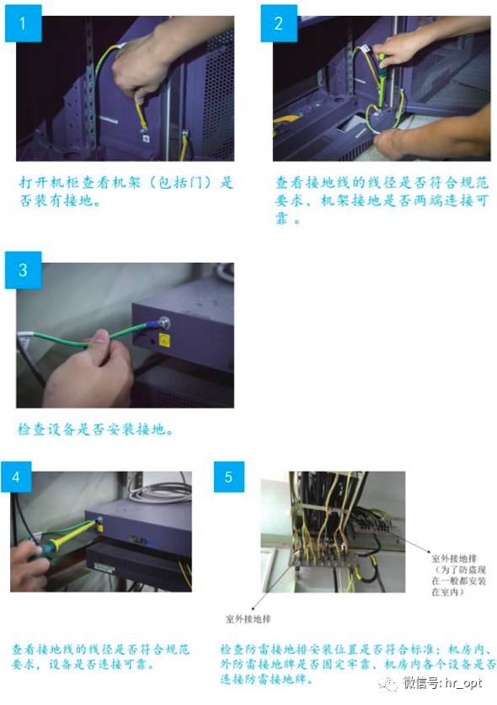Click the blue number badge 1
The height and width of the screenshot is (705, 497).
point(23,24)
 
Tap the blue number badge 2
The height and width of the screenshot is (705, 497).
point(279,24)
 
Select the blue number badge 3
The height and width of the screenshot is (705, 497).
point(23,270)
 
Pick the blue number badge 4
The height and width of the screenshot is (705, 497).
point(16,477)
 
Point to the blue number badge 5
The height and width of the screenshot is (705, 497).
point(229,477)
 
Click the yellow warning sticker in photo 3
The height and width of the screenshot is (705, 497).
point(164,340)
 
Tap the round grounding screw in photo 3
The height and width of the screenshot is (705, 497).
point(164,323)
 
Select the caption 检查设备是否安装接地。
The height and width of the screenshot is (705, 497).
point(95,430)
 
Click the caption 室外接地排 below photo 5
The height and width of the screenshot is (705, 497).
point(248,619)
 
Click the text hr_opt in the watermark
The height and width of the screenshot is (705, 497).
point(463,683)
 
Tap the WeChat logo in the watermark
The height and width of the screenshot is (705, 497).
point(388,684)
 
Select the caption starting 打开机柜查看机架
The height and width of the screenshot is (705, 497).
point(126,191)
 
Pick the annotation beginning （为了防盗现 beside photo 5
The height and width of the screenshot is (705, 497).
point(459,580)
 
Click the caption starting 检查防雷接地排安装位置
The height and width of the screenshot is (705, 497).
point(358,664)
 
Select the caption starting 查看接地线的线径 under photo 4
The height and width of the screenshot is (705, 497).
point(101,656)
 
